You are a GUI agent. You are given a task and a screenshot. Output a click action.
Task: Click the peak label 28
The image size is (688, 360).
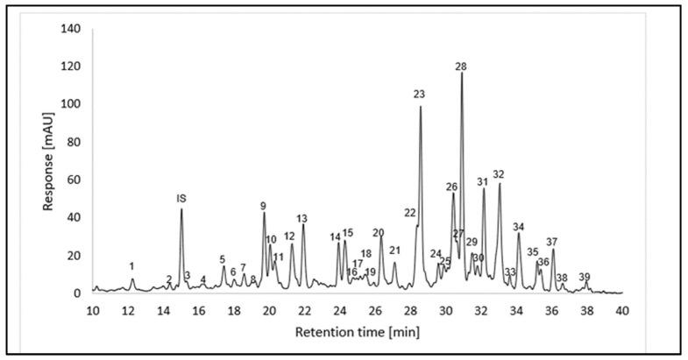pyautogui.click(x=461, y=67)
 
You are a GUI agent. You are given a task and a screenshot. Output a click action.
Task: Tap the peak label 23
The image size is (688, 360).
pyautogui.click(x=419, y=95)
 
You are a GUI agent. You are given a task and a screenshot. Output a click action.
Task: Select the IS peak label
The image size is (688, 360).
pyautogui.click(x=181, y=199)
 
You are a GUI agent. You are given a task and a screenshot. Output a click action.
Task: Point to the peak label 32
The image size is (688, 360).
pyautogui.click(x=499, y=174)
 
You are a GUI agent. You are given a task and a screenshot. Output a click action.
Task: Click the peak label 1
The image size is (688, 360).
pyautogui.click(x=131, y=266)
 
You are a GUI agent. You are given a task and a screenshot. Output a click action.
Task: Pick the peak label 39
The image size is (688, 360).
pyautogui.click(x=585, y=277)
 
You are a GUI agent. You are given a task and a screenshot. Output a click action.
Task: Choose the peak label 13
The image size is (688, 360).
pyautogui.click(x=301, y=218)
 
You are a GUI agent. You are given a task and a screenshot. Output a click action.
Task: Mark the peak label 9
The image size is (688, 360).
pyautogui.click(x=263, y=206)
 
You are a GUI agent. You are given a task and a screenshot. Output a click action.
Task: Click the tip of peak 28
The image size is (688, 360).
pyautogui.click(x=462, y=74)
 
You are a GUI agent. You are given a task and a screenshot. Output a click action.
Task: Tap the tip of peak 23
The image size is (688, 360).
pyautogui.click(x=421, y=107)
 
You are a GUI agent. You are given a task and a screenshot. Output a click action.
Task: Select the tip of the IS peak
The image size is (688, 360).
pyautogui.click(x=181, y=208)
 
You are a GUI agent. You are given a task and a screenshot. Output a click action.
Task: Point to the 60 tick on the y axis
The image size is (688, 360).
pyautogui.click(x=73, y=180)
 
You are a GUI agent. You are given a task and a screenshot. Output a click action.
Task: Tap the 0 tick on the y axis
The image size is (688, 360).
pyautogui.click(x=76, y=293)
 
